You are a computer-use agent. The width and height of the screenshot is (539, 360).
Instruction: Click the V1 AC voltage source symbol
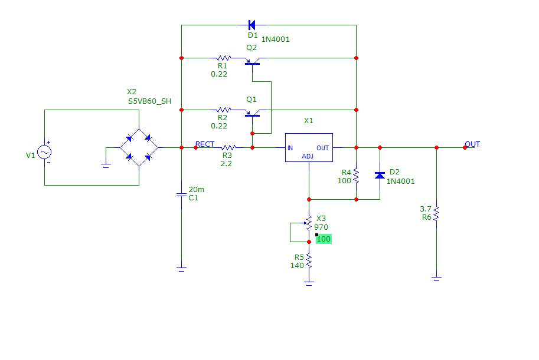[x=45, y=152]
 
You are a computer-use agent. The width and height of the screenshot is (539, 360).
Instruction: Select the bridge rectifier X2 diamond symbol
[x=139, y=148]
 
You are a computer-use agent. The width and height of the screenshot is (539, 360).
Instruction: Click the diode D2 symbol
[x=380, y=175]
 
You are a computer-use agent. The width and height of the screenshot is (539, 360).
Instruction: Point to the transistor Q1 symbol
[x=252, y=112]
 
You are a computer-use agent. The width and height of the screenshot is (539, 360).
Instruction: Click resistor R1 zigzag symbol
[x=224, y=58]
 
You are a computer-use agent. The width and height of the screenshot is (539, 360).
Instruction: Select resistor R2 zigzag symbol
[x=224, y=110]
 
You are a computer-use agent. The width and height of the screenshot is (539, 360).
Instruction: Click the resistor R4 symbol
[x=357, y=176]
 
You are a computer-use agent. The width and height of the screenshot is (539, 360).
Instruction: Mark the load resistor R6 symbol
[x=436, y=213]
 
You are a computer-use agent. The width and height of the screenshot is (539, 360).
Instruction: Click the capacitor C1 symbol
[x=181, y=194]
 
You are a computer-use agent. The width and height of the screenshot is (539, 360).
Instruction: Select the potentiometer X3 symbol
[x=308, y=223]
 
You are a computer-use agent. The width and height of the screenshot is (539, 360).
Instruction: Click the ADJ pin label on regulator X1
[x=308, y=156]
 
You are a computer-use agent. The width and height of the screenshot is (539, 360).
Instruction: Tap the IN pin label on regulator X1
[x=290, y=148]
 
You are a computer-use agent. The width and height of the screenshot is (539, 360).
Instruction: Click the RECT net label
[x=205, y=144]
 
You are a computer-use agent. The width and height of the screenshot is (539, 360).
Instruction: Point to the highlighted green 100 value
[x=324, y=239]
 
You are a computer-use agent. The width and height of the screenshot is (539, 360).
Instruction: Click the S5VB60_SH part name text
[x=149, y=101]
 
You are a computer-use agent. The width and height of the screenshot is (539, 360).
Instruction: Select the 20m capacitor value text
[x=196, y=189]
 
